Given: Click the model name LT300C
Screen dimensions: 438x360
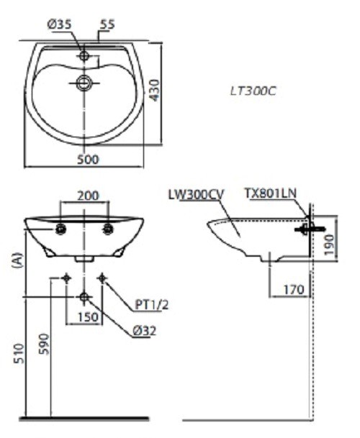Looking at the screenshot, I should tap(253, 91).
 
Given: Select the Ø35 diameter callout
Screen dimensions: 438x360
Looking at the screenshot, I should tap(60, 24).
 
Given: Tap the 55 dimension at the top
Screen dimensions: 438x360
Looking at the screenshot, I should tap(108, 24).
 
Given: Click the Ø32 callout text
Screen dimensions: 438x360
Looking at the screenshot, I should tap(144, 332).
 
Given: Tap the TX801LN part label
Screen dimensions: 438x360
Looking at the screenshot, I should tap(270, 193).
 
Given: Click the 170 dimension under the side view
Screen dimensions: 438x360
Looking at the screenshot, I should tap(292, 291).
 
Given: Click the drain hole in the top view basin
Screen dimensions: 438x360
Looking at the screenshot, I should tap(85, 83).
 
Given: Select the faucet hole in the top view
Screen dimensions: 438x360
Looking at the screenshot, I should tap(85, 55).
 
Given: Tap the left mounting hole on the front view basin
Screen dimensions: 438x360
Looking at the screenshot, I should tap(61, 229).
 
